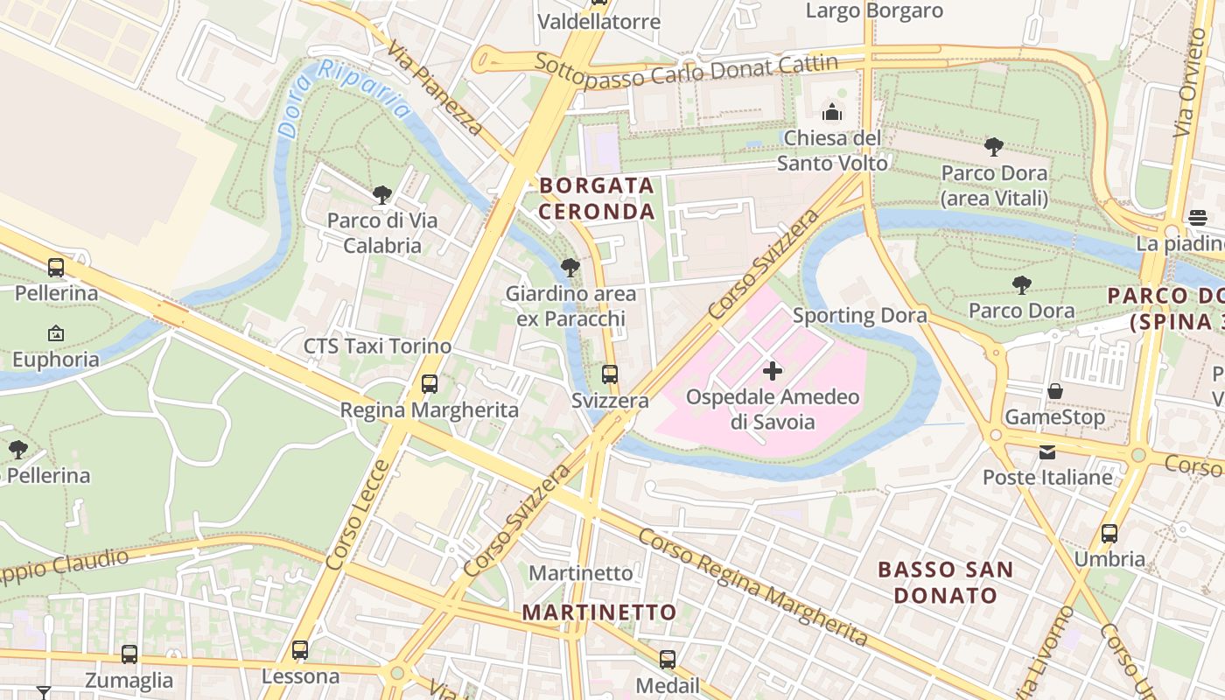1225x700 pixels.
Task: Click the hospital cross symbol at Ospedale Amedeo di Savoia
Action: click(773, 371)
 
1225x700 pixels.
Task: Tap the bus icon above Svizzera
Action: click(610, 374)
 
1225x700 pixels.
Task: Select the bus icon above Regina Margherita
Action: click(429, 383)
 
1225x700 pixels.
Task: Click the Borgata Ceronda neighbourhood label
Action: click(597, 199)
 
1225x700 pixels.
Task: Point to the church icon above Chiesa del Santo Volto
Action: click(832, 112)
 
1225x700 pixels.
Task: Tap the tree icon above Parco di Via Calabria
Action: click(381, 194)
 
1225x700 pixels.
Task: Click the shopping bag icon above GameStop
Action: click(1055, 391)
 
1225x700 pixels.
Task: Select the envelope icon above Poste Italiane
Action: click(1047, 451)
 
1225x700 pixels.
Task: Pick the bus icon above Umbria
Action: click(1109, 533)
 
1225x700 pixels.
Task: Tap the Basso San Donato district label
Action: click(945, 583)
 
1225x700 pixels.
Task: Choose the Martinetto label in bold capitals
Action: click(599, 612)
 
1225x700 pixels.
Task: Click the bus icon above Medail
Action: click(668, 659)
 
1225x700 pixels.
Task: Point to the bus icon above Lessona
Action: click(300, 650)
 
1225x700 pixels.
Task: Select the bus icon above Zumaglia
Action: click(129, 654)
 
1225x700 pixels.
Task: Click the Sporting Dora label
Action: click(859, 315)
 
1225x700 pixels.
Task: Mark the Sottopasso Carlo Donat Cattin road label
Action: click(686, 70)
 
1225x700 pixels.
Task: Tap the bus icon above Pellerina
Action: click(56, 267)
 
